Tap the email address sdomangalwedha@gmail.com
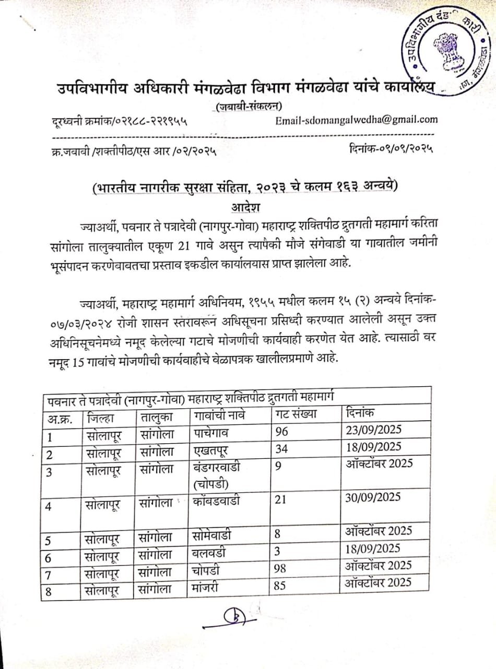click(356, 119)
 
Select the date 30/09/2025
click(372, 497)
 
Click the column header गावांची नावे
click(219, 417)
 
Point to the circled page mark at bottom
click(237, 618)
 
